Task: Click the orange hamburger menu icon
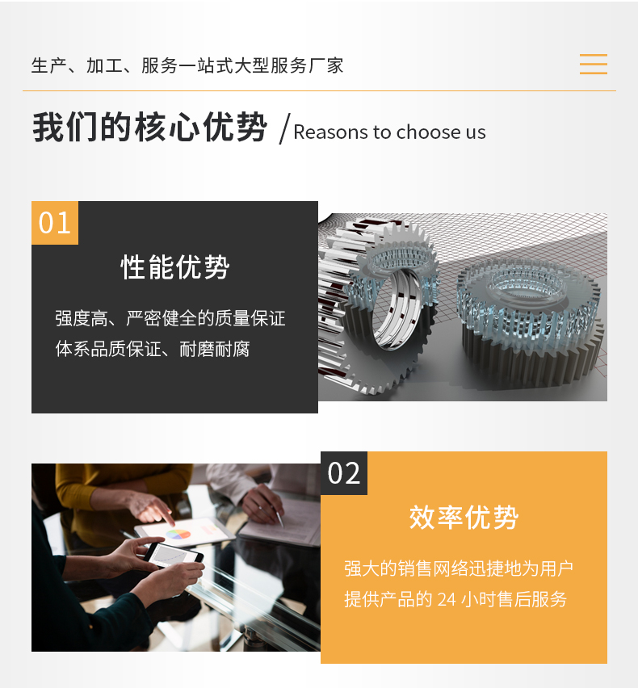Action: (594, 64)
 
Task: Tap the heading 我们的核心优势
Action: (150, 128)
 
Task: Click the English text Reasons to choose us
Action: (389, 132)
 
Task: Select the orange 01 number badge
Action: (55, 223)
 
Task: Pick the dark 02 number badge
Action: (344, 473)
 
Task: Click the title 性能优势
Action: (175, 266)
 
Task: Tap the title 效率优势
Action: (464, 518)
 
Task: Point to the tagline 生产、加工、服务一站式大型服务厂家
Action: (187, 66)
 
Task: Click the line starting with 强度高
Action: (170, 318)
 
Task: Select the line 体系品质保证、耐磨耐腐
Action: (153, 350)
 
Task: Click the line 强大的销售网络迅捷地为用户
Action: (459, 568)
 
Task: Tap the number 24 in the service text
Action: (447, 600)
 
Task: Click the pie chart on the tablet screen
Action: (178, 534)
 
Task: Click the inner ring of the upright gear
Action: (395, 309)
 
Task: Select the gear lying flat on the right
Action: (530, 322)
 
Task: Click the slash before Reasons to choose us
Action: (285, 128)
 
